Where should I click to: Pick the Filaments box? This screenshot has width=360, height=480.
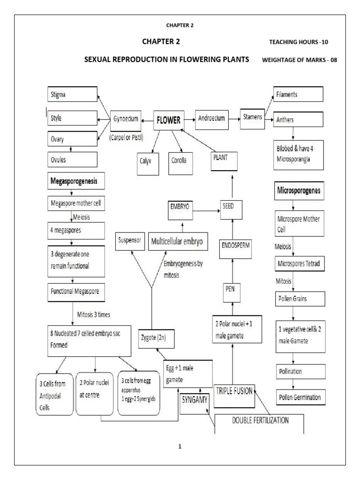tap(298, 95)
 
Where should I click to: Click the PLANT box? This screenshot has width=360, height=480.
tap(225, 161)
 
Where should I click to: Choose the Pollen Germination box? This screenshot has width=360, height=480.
tap(299, 397)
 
